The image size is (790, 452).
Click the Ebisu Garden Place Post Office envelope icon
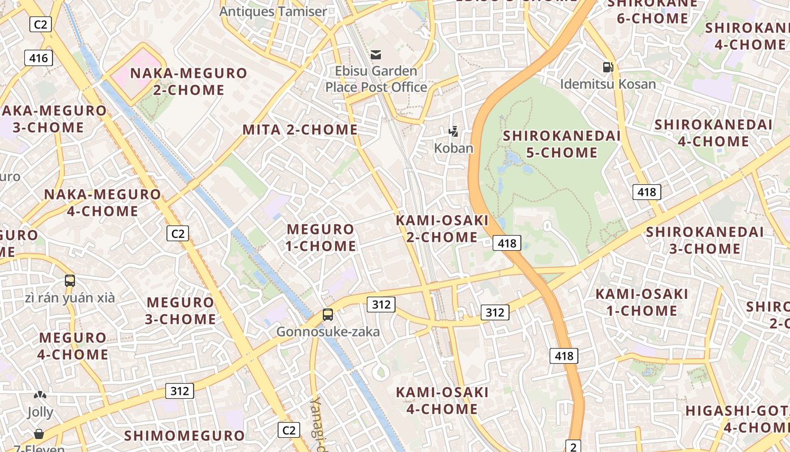(376, 55)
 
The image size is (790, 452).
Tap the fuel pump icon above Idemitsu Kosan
(608, 67)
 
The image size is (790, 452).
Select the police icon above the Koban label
(453, 132)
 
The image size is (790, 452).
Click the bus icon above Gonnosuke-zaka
(328, 315)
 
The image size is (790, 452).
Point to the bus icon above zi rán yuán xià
(70, 281)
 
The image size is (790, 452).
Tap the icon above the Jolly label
(39, 395)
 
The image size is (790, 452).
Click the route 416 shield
(38, 58)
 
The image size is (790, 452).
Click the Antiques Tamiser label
(273, 11)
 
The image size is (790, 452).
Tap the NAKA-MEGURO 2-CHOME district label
(188, 81)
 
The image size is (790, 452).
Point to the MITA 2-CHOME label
(300, 130)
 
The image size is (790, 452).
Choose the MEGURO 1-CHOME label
(321, 238)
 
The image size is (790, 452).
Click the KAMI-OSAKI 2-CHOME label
(442, 229)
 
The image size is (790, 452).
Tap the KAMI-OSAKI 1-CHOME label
(642, 302)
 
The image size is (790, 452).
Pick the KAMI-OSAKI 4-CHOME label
(442, 401)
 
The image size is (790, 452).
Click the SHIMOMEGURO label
(185, 436)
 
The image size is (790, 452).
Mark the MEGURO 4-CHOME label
(73, 346)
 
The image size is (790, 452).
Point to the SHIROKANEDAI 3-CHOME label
(705, 240)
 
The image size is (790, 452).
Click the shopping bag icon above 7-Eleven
(39, 434)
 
